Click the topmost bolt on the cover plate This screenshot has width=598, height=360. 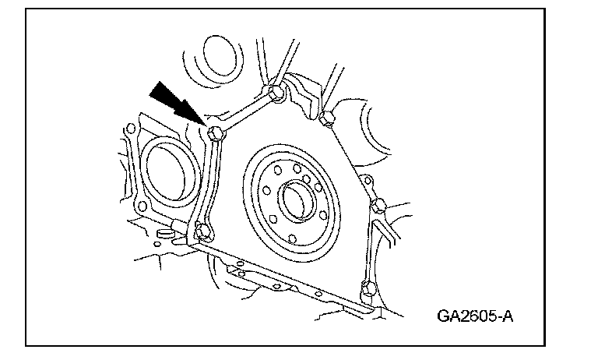275,94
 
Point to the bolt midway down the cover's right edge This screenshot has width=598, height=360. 379,206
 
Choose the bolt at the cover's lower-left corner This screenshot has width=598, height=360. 202,231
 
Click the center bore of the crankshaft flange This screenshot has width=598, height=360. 297,201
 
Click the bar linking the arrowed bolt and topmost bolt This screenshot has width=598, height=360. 245,114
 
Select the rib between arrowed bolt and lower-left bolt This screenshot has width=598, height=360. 208,184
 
